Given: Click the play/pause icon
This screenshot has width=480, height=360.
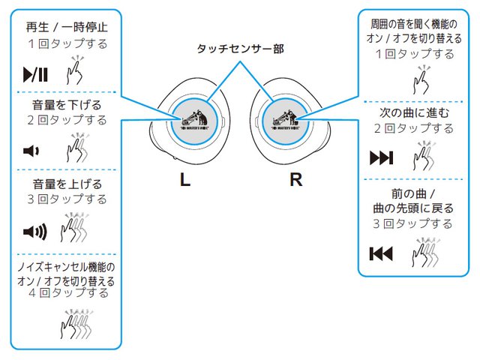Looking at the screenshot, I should (35, 74).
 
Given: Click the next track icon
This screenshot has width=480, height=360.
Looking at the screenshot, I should (381, 158).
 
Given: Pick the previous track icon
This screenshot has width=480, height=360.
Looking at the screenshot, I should (381, 253).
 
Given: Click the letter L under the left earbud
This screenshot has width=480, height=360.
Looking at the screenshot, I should (184, 180).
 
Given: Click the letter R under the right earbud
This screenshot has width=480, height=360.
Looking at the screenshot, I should (295, 180).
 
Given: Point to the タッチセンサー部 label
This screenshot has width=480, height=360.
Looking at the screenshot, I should (240, 49).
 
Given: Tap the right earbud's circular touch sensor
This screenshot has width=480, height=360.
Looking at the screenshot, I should (283, 120).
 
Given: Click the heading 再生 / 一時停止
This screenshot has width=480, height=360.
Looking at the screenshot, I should (67, 27).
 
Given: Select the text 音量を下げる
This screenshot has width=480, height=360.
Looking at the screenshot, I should (67, 104).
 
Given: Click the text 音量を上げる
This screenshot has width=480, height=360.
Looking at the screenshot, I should (67, 183).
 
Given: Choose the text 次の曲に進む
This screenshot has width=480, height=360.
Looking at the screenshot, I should (415, 112).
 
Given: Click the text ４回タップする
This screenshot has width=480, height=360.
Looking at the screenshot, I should (67, 293).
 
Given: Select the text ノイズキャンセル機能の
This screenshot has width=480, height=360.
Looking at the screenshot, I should (67, 267).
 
